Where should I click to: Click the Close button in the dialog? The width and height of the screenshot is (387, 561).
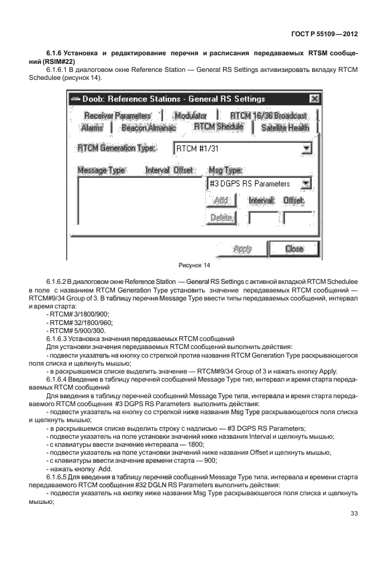294,249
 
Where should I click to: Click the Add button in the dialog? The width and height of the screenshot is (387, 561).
221,201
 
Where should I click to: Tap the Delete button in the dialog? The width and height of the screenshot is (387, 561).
221,218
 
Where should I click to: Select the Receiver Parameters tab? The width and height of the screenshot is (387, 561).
117,116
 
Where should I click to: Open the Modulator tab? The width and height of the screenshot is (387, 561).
190,116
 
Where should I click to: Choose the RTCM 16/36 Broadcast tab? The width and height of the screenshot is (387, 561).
268,116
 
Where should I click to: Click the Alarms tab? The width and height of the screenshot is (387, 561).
92,128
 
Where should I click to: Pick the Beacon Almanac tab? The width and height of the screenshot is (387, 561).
148,128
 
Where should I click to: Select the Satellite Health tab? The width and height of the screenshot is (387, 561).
284,128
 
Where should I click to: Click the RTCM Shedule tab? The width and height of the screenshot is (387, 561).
218,127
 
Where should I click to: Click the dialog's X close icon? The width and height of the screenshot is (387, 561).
315,99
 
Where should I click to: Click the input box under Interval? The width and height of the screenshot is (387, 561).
262,218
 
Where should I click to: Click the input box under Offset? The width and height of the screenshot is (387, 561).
297,218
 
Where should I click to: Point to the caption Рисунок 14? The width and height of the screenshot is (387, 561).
193,265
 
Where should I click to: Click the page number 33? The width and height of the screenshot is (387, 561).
353,514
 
